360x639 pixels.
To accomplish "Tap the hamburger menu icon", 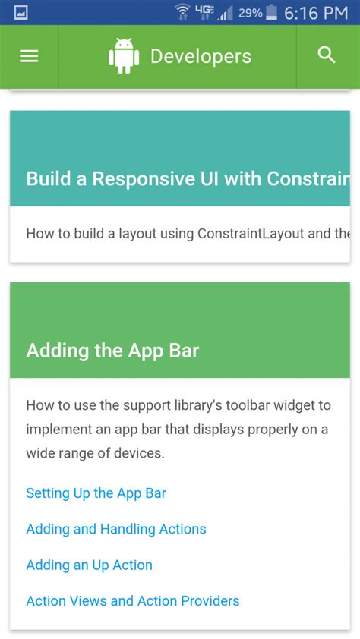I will [x=29, y=56].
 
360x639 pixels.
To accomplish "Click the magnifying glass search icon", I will [x=327, y=55].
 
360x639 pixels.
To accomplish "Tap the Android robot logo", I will [x=124, y=56].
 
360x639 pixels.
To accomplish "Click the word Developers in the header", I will [x=201, y=56].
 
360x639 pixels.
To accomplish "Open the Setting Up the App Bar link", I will [x=96, y=493].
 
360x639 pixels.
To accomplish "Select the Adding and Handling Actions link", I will [x=115, y=529].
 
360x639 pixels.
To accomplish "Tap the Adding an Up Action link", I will [x=89, y=565].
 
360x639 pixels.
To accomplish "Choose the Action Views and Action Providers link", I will [x=132, y=600].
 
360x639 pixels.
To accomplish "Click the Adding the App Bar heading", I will [x=112, y=351].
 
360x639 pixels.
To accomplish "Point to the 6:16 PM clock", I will [x=316, y=13].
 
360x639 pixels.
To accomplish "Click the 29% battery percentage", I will [x=250, y=13].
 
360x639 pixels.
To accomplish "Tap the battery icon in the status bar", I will [x=271, y=13].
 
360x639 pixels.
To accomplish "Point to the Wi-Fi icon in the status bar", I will [x=182, y=12].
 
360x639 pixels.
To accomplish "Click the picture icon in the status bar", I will [x=21, y=13].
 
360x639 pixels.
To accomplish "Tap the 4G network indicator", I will [x=204, y=11].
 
